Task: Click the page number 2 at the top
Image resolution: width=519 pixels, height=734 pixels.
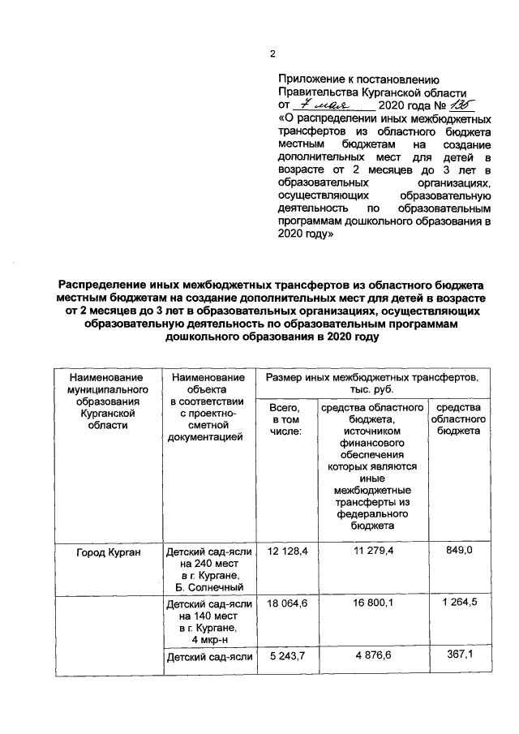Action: pos(273,55)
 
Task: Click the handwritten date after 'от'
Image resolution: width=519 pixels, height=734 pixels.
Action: pos(322,105)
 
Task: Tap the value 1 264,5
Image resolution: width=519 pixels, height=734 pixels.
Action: pos(458,604)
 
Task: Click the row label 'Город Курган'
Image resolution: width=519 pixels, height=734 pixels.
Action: pos(104,553)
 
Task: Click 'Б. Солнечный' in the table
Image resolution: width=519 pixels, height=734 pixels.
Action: pos(208,586)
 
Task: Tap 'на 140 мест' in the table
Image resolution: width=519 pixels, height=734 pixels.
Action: pos(208,616)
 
